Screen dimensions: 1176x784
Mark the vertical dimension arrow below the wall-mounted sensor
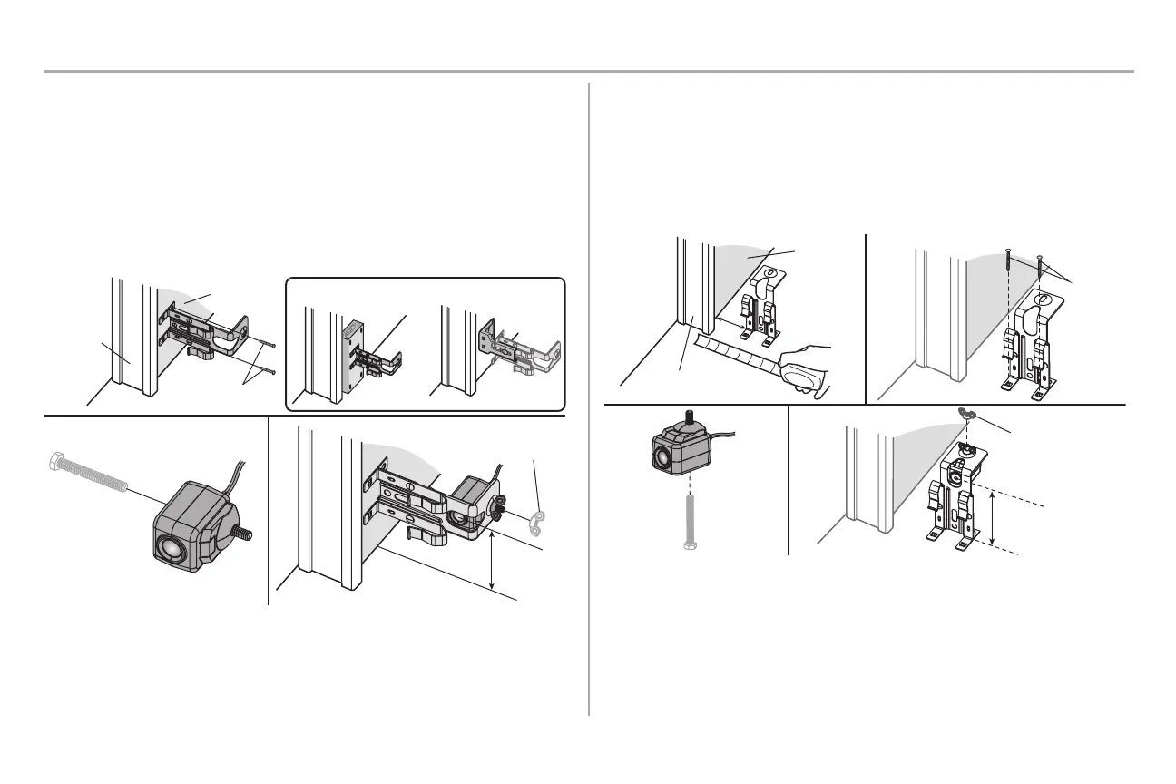492,563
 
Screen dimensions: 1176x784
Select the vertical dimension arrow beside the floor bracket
993,517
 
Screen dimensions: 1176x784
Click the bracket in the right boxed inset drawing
526,355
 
